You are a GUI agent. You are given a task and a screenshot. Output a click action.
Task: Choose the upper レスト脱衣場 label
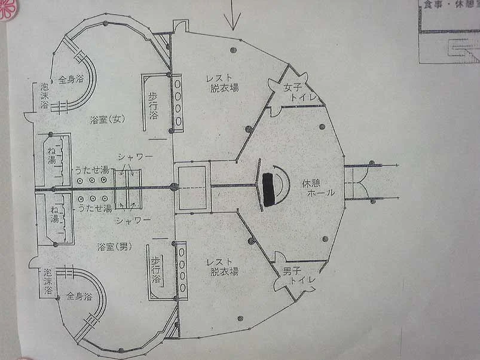225,83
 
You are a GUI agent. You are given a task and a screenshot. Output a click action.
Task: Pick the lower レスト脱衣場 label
224,267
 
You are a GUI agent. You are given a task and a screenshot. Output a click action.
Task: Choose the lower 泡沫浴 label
48,281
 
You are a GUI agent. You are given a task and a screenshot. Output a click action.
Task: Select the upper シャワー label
134,157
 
